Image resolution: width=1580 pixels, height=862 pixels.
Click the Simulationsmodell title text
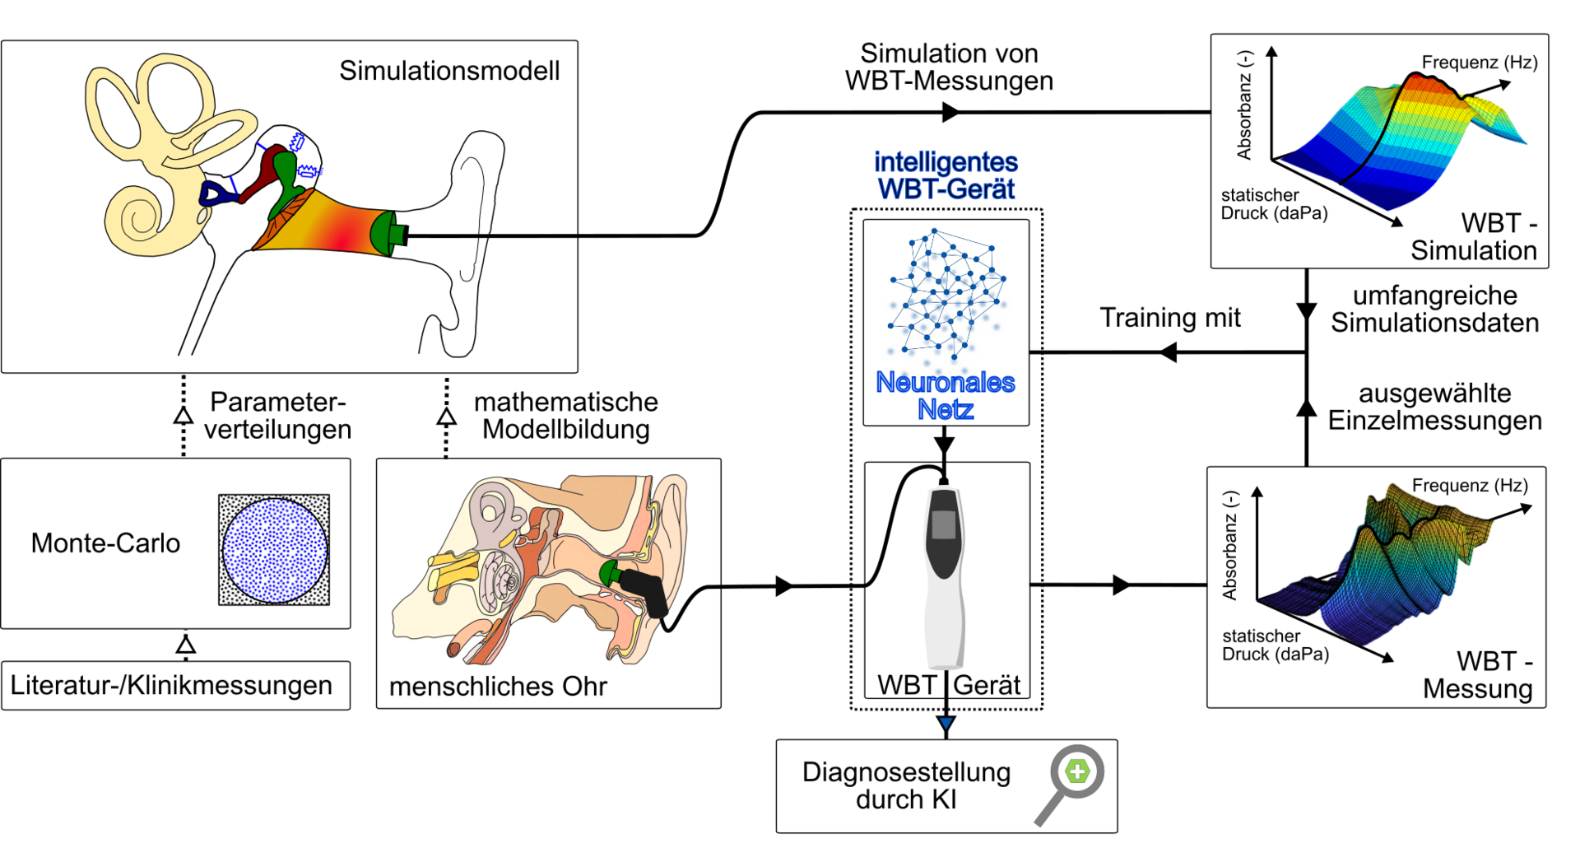click(x=449, y=71)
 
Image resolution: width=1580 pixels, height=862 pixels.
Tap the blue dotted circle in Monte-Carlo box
click(x=275, y=550)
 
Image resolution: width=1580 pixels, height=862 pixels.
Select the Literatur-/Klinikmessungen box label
click(x=171, y=685)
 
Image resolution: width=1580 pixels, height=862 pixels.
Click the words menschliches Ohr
click(x=498, y=686)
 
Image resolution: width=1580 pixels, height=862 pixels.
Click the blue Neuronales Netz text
click(x=945, y=395)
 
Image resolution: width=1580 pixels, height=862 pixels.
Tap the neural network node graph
click(x=946, y=296)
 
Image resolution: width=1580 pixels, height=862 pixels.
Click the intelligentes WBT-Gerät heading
click(x=946, y=175)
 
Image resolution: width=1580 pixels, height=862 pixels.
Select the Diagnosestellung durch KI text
click(x=906, y=785)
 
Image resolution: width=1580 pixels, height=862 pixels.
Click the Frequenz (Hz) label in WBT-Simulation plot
click(x=1479, y=63)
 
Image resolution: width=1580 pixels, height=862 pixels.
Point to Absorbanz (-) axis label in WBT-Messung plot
click(x=1229, y=545)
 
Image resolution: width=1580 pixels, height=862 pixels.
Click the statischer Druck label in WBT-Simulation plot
click(x=1272, y=204)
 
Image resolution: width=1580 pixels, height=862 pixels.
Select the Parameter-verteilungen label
click(x=277, y=415)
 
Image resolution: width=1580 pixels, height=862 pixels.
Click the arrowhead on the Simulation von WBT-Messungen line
click(x=951, y=112)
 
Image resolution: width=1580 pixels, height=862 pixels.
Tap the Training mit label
click(x=1169, y=318)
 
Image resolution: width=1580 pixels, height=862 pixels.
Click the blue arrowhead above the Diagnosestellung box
click(x=946, y=725)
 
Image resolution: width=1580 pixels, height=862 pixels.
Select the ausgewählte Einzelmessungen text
click(x=1434, y=407)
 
